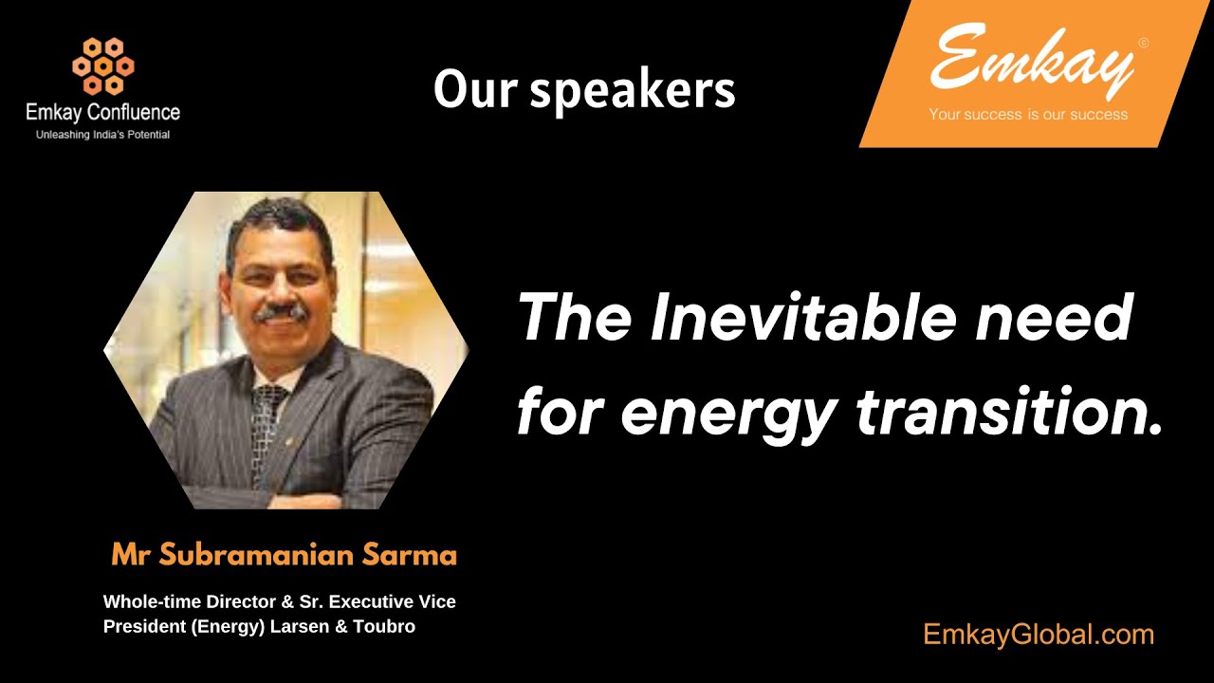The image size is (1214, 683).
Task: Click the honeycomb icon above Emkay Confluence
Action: pos(102,65)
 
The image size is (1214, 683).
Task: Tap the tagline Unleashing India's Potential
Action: pos(102,135)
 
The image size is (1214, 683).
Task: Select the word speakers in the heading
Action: pos(633,91)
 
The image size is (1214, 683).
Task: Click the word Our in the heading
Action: pos(473,90)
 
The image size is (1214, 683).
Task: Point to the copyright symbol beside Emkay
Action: pos(1143,43)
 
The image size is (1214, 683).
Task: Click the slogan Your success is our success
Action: pos(1028,115)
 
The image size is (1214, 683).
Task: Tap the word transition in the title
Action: pos(1008,412)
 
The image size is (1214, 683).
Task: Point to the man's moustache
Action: pos(281,311)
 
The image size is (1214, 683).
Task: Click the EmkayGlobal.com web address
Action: pos(1039,635)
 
